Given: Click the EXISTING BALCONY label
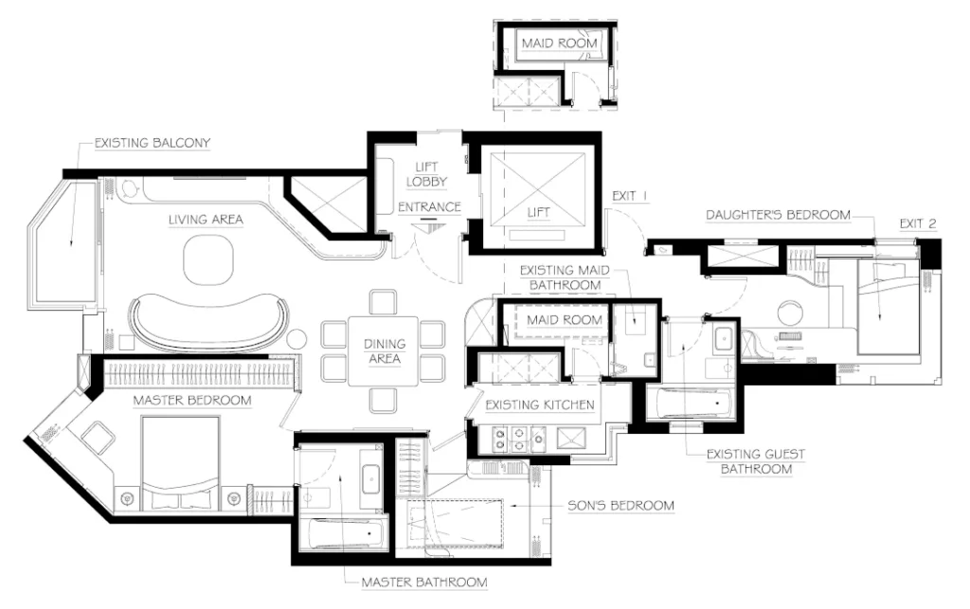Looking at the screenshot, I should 152,144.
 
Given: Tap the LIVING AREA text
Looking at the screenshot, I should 206,220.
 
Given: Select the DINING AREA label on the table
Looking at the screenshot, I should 384,351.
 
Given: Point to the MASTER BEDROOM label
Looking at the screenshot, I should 192,401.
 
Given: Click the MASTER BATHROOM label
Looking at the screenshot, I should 424,582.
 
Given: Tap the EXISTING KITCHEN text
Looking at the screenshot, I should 540,405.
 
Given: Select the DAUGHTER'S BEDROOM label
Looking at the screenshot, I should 778,215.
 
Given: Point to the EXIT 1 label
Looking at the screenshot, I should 629,196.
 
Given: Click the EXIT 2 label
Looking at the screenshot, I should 918,224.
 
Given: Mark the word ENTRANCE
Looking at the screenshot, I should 429,206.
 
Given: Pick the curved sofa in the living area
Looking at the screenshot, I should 208,321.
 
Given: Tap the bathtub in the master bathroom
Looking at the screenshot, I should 346,534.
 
